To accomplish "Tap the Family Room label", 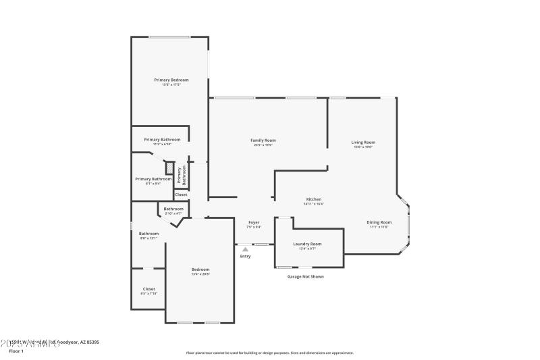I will tap(264, 140).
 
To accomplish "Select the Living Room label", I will tap(362, 142).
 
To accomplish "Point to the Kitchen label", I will tap(314, 199).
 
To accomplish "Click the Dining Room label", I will tap(379, 222).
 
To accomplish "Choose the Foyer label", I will tap(254, 222).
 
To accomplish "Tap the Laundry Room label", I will tap(307, 244).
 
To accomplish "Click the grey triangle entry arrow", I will tap(245, 249).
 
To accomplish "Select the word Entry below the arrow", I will tap(245, 256).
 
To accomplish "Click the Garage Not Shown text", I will tap(305, 276).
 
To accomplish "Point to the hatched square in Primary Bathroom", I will tap(170, 169).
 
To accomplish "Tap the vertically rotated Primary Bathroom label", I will tap(180, 176).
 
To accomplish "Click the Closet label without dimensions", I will tap(181, 195).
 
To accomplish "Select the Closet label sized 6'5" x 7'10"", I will tap(148, 288).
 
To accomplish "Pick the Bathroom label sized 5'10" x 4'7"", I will tap(173, 209).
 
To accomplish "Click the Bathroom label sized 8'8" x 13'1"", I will tap(148, 234).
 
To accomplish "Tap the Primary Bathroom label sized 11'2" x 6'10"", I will tap(162, 140).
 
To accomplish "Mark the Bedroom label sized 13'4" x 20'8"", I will tap(200, 269).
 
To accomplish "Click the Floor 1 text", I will tap(16, 351).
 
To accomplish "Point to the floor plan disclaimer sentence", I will tap(270, 353).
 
